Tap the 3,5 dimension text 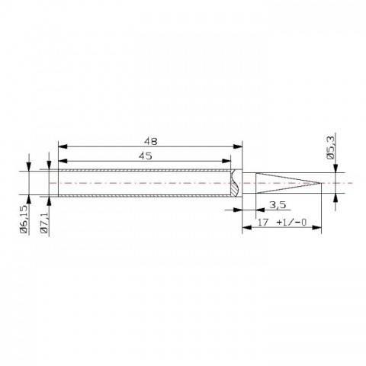278,204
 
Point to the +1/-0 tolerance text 293,223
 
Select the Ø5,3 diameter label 332,144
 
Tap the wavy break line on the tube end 237,184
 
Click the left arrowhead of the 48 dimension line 62,146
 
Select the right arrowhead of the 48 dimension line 239,146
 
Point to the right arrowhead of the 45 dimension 228,161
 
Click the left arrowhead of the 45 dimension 62,161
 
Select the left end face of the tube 59,184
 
